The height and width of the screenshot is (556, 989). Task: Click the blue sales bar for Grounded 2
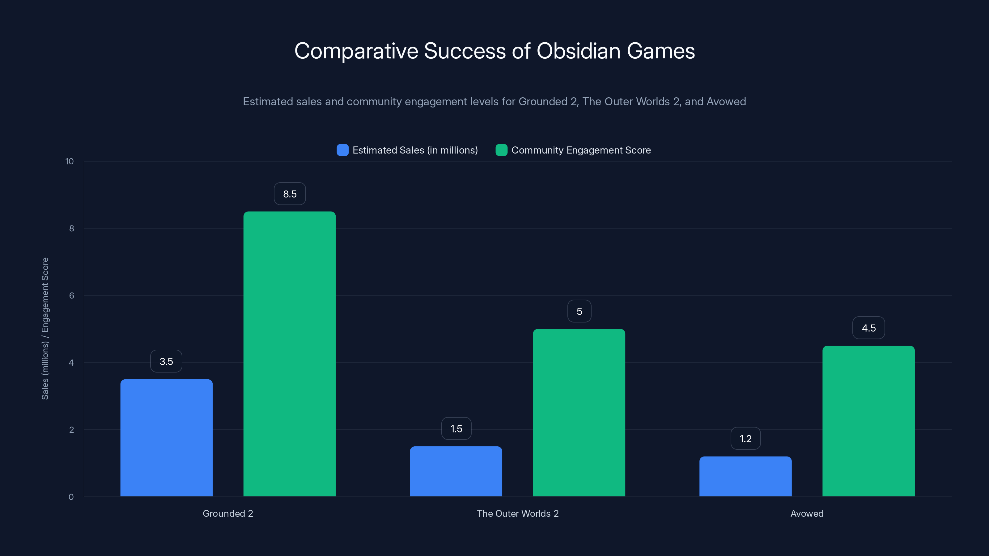(166, 437)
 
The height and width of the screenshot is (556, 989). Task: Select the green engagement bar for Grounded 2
(290, 353)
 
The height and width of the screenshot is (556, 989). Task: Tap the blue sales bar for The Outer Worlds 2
(456, 471)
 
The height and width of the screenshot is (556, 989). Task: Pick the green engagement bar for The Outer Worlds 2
(579, 412)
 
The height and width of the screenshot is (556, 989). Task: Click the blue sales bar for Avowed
(745, 476)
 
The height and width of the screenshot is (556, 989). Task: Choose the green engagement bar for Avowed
(868, 421)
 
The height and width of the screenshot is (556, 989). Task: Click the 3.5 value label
(166, 361)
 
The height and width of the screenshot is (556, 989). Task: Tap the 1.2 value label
(745, 439)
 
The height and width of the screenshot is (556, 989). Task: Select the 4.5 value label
(868, 328)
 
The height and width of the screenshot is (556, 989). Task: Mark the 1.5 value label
(456, 429)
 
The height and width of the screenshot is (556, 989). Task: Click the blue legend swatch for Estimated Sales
(342, 150)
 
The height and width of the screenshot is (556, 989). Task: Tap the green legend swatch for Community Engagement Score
(501, 150)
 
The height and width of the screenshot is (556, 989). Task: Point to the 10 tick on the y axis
(70, 162)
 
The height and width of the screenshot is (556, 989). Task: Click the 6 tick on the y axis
(71, 296)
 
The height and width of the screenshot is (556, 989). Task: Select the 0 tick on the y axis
(71, 497)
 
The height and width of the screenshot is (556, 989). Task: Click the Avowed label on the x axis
(807, 513)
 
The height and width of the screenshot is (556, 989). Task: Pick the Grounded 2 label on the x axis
(228, 513)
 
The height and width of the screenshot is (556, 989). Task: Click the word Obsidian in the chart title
(578, 51)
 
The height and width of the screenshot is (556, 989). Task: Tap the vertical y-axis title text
(45, 328)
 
